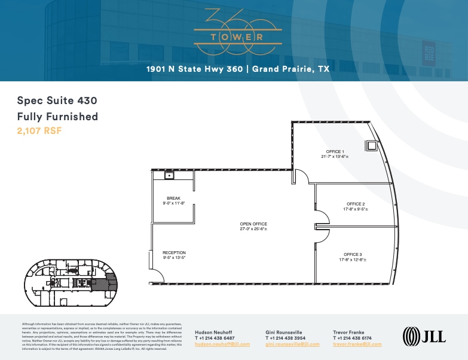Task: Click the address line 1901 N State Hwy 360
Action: click(238, 69)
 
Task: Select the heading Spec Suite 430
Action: click(57, 100)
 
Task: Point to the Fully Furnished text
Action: click(57, 116)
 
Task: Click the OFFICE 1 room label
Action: click(334, 152)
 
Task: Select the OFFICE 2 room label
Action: click(356, 204)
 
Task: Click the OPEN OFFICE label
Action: click(253, 224)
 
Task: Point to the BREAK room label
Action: click(173, 199)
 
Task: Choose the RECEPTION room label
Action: click(174, 252)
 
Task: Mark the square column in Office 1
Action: click(371, 145)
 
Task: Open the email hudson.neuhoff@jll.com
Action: click(222, 344)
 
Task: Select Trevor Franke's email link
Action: click(357, 344)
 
